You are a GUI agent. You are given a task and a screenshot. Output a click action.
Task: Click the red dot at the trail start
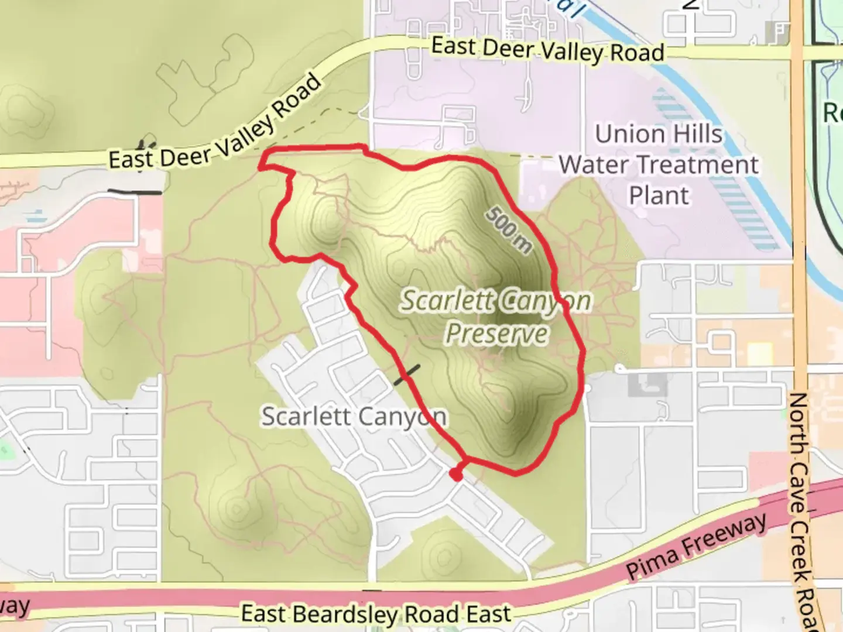click(x=457, y=475)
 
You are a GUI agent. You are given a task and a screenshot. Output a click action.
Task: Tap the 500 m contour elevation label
click(x=509, y=231)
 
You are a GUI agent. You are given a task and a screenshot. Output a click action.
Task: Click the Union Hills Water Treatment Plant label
click(x=659, y=164)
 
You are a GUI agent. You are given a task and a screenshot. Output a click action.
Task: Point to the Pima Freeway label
click(x=696, y=545)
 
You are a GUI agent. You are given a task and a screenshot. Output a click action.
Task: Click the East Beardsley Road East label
click(x=376, y=614)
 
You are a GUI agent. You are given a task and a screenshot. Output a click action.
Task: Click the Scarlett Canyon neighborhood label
click(x=354, y=417)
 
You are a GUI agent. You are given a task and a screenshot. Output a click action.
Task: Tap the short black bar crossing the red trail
click(x=407, y=375)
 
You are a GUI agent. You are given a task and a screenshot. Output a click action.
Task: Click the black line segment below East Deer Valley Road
click(x=135, y=191)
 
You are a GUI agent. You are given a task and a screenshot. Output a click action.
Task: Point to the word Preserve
click(x=497, y=334)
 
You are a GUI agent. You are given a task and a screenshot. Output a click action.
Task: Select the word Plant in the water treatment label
click(x=659, y=195)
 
